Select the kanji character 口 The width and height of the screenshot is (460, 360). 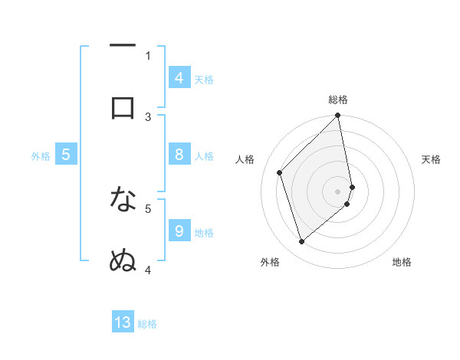tap(123, 108)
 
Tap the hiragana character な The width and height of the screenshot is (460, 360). tap(123, 200)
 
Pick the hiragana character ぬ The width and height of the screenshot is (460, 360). tap(123, 261)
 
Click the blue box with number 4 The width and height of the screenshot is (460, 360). tap(179, 78)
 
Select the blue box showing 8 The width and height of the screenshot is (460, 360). tap(179, 155)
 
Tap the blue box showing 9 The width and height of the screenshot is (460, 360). tap(179, 231)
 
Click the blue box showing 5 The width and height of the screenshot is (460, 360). tap(66, 155)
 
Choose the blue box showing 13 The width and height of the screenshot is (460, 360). tap(123, 322)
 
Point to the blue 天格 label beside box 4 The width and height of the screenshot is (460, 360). tap(204, 80)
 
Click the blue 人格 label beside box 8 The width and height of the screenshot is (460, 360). tap(204, 156)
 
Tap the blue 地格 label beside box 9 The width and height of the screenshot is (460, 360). tap(204, 233)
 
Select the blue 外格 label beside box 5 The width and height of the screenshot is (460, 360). tap(41, 156)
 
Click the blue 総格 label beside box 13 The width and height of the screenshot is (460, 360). tap(147, 324)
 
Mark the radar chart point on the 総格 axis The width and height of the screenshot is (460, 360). tap(338, 116)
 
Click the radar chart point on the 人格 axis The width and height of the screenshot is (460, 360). tap(280, 172)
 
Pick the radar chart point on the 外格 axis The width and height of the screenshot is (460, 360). tap(301, 241)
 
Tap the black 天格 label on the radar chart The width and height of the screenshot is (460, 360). tap(432, 159)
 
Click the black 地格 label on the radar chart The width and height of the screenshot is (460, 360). tap(402, 262)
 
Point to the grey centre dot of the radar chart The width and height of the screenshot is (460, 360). tap(338, 191)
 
